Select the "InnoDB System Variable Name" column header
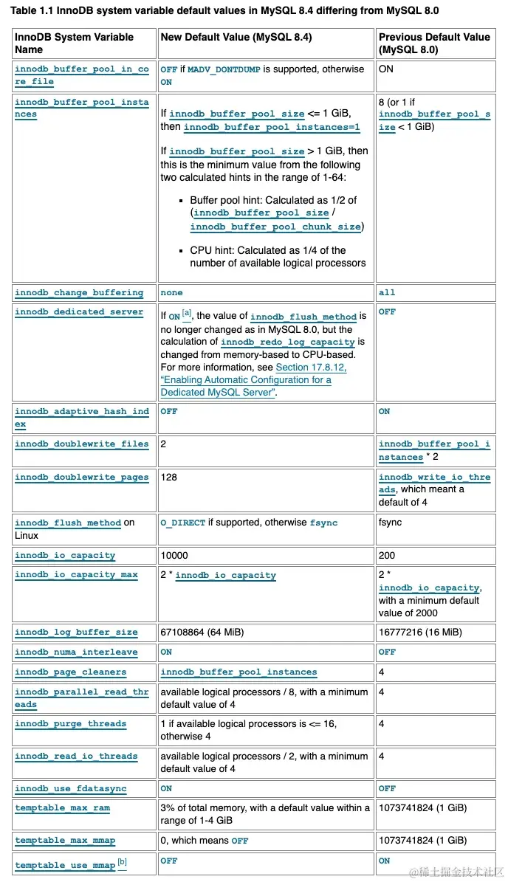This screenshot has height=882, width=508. (74, 43)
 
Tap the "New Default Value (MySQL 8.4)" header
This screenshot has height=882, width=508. (236, 37)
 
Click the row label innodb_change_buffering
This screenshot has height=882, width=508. (79, 293)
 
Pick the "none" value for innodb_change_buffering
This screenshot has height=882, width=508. (171, 293)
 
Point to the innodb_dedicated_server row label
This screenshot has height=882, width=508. (79, 312)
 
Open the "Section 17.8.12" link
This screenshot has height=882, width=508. (311, 367)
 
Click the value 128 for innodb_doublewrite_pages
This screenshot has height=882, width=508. (169, 477)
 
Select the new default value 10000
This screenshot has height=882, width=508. (174, 555)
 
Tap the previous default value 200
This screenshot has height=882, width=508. (387, 555)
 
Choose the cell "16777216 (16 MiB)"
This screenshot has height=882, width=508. (420, 632)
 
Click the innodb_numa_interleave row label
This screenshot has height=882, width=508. (76, 652)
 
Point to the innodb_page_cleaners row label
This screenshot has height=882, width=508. (70, 672)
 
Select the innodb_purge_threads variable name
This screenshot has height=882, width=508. (70, 724)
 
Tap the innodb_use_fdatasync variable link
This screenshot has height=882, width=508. (70, 789)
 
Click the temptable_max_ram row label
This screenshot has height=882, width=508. (62, 808)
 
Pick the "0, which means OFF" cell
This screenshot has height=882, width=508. (205, 840)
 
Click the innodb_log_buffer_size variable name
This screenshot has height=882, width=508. (76, 633)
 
